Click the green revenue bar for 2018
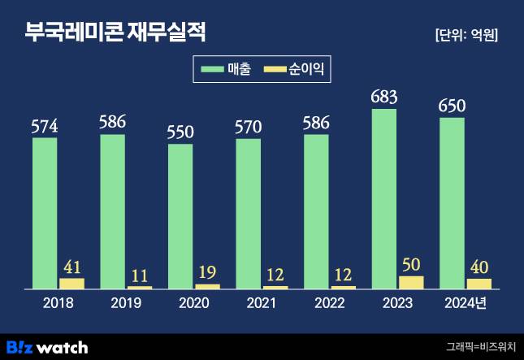(x=45, y=213)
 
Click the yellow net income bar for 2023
(x=411, y=282)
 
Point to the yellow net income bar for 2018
(x=72, y=284)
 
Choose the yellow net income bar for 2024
(x=479, y=284)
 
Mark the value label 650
(x=452, y=107)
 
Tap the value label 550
(x=180, y=133)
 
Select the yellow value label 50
(x=411, y=265)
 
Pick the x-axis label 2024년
(x=468, y=303)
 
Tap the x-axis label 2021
(x=261, y=303)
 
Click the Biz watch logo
(x=46, y=347)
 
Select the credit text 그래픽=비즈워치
(x=479, y=347)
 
